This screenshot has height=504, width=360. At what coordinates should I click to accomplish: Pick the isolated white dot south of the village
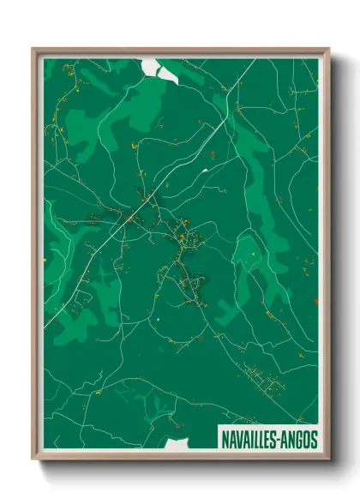(x=159, y=321)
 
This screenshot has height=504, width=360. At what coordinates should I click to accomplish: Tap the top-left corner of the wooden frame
(x=33, y=49)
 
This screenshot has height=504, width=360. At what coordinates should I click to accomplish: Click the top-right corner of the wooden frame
(x=328, y=49)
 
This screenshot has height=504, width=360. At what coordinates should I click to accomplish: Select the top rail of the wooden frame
(x=180, y=50)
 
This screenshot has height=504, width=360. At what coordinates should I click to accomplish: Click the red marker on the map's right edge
(x=316, y=301)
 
